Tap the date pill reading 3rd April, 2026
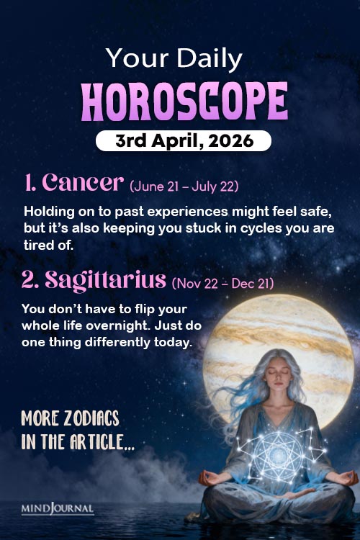(184, 141)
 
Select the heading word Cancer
(84, 183)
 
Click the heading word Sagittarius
(105, 279)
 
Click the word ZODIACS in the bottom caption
(90, 420)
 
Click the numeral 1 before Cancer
(29, 183)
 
